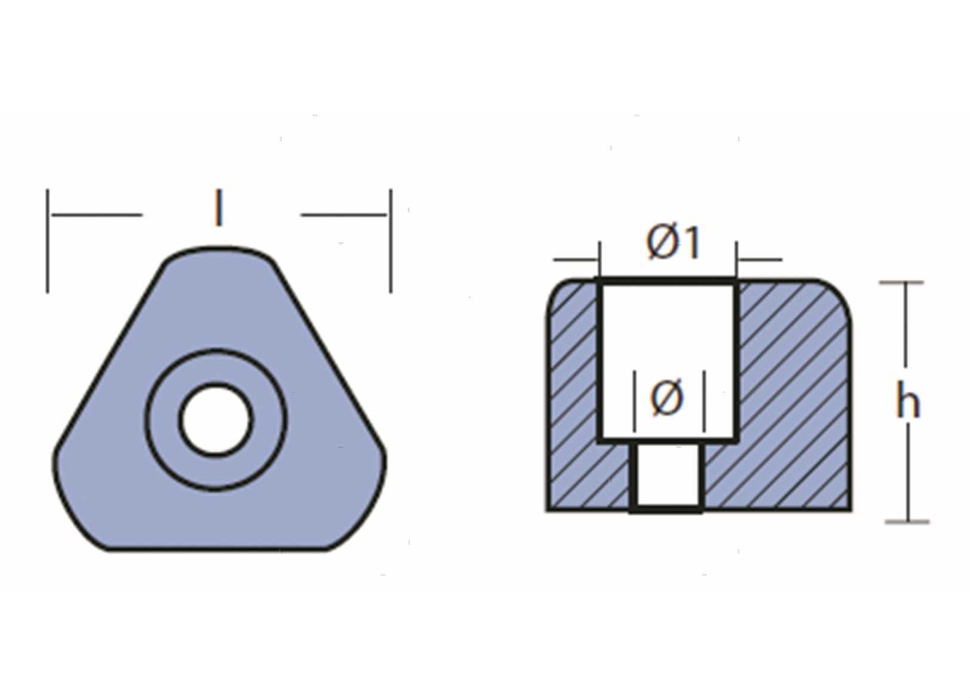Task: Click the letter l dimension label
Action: pos(219,208)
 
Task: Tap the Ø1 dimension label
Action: pos(673,243)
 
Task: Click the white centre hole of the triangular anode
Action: pos(216,420)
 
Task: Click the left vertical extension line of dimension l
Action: pos(48,240)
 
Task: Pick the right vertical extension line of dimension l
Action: pos(390,240)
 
